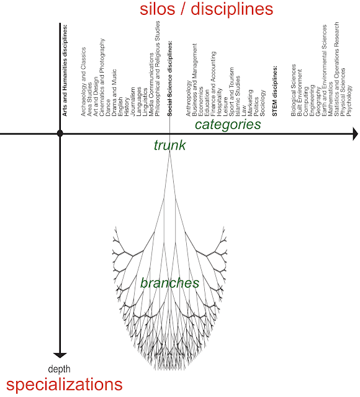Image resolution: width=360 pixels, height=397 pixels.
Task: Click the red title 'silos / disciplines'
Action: (206, 9)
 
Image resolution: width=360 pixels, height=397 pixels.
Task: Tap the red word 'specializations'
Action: (65, 385)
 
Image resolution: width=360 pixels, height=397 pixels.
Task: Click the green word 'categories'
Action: (228, 124)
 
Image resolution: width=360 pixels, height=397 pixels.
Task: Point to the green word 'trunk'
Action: (169, 145)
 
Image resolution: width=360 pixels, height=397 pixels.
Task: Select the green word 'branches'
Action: (169, 283)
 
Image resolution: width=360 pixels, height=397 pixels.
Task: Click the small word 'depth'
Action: (59, 369)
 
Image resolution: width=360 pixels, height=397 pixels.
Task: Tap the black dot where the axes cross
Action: (60, 133)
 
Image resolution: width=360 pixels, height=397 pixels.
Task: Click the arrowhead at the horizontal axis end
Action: (356, 133)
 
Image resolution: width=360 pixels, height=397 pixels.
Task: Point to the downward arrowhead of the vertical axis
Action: (60, 355)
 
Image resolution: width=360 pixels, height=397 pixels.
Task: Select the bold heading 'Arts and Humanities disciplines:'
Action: (65, 70)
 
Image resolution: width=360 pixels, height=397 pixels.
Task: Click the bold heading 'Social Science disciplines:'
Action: (169, 79)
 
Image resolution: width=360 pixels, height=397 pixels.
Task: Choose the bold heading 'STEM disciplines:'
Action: (274, 91)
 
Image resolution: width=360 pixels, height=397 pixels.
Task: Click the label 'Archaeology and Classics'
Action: (83, 82)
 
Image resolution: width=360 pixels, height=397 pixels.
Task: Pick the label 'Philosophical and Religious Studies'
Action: (157, 69)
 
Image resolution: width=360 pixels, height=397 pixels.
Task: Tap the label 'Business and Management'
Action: (194, 80)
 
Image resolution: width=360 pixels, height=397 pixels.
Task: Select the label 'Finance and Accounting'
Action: (213, 84)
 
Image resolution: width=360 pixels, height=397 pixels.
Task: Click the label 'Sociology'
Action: (263, 103)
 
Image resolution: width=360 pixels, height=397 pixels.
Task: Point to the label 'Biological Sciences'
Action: (294, 91)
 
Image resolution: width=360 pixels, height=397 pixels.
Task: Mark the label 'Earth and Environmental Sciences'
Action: (324, 70)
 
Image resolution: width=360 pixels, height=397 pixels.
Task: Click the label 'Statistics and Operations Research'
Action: (336, 69)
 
